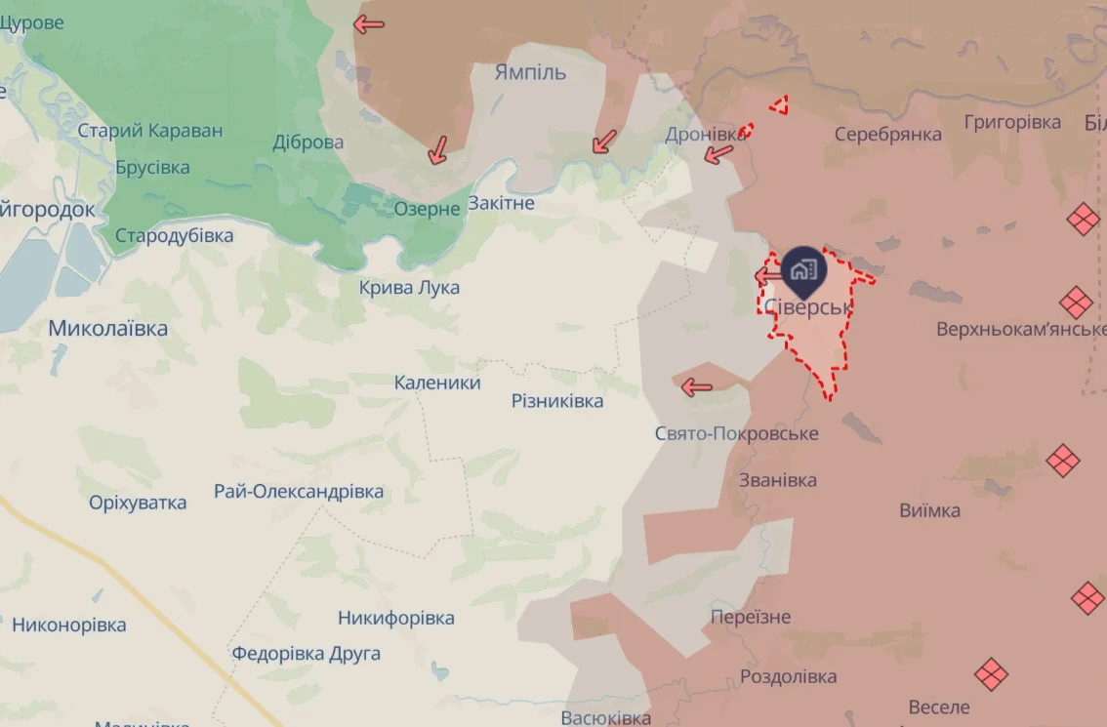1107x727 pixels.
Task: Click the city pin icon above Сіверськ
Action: pos(803,267)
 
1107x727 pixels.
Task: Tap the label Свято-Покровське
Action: pos(737,433)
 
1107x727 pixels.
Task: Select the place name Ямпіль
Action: pos(530,73)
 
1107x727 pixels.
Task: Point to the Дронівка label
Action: pos(706,135)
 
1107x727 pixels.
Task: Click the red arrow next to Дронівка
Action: pos(719,153)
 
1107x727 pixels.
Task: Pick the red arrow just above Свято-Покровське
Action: pos(697,387)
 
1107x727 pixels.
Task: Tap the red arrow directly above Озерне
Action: pos(437,149)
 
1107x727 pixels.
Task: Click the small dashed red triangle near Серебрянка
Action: pos(779,105)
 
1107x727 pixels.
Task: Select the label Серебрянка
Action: pos(887,134)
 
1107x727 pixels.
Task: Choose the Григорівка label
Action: pos(1012,122)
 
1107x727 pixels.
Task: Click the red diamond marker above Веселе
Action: pos(991,673)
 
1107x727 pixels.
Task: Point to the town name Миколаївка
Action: pos(107,329)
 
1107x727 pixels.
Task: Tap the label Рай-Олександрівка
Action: pos(299,492)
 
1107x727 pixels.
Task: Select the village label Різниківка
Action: pos(557,401)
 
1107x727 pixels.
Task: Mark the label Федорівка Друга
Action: pos(306,653)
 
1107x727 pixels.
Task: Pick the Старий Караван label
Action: pos(150,131)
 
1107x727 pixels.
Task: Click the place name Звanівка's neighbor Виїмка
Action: pos(929,510)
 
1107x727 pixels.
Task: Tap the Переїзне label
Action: pos(751,617)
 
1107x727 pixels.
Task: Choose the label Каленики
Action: pos(437,383)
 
